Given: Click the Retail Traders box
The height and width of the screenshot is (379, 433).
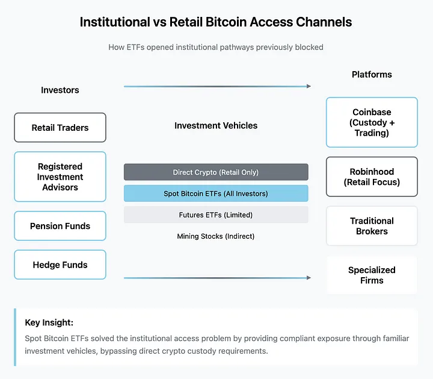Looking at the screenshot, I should [x=60, y=128].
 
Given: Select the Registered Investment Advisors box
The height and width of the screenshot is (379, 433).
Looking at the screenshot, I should [x=60, y=177].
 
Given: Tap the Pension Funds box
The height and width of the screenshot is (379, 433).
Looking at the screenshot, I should [x=60, y=226].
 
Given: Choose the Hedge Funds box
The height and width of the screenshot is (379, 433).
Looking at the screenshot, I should [x=60, y=265].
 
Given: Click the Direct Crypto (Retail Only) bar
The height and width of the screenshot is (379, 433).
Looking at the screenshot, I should [x=216, y=172].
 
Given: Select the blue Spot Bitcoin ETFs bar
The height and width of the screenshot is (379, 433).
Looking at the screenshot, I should [x=216, y=193].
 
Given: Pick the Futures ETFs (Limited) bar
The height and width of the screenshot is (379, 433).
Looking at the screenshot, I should [x=216, y=215].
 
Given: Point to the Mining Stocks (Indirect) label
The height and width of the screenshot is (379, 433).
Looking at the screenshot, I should [x=216, y=236].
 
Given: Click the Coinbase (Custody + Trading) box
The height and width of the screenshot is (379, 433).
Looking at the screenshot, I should [x=372, y=122].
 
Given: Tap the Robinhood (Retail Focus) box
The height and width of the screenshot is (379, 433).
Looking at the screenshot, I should [x=372, y=177].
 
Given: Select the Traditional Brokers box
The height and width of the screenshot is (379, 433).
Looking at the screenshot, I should [x=372, y=226].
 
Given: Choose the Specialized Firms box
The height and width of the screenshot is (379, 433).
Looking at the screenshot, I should [x=372, y=275].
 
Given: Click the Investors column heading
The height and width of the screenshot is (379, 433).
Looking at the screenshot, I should [x=60, y=90].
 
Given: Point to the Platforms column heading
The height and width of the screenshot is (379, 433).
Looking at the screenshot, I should [x=372, y=75].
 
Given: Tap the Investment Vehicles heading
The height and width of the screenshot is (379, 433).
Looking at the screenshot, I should [x=216, y=126].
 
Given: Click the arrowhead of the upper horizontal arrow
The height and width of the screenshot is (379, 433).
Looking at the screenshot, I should [x=309, y=86].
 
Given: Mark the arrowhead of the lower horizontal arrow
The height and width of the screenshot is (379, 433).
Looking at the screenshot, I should [x=309, y=278].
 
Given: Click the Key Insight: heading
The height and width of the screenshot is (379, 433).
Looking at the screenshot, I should [x=49, y=322].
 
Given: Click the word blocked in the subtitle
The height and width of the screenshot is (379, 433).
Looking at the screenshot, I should [x=311, y=47].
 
